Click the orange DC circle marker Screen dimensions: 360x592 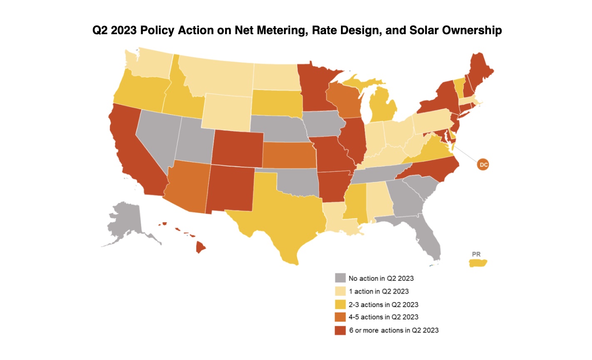click(483, 165)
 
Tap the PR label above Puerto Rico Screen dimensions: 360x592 click(476, 254)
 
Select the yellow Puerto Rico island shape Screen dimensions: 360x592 click(478, 263)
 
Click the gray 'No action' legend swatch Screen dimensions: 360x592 click(340, 278)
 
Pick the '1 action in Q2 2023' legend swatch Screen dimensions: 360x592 click(340, 291)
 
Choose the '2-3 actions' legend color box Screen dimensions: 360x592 click(340, 304)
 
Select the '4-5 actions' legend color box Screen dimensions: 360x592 click(340, 317)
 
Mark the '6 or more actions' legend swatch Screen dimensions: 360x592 click(340, 330)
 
